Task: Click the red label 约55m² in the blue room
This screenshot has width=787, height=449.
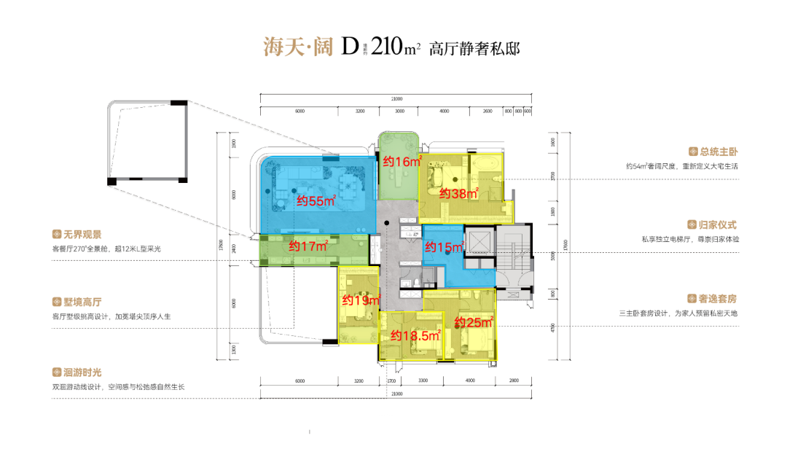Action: point(316,201)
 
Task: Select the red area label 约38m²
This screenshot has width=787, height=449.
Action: point(458,193)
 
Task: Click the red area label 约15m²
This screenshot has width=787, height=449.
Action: point(445,247)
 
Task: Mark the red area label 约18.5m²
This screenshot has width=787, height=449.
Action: point(415,335)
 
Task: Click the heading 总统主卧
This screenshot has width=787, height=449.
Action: point(713,152)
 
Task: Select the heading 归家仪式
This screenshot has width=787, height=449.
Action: point(713,225)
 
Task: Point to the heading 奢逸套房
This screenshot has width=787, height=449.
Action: point(713,299)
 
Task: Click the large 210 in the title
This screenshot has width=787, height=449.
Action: point(386,48)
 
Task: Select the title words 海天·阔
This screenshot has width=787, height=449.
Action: point(297,48)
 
